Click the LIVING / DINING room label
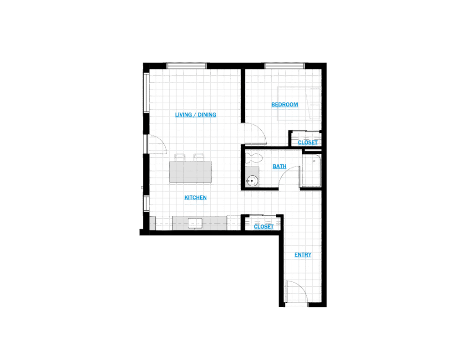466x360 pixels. tap(196, 115)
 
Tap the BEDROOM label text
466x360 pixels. tap(284, 105)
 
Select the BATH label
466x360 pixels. tap(279, 167)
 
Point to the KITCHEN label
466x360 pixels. tap(196, 198)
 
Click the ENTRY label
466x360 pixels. tap(303, 255)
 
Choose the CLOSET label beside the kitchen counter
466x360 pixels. tap(263, 227)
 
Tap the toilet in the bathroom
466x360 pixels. tap(253, 159)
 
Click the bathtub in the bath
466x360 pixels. tap(310, 171)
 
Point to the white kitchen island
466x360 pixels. tap(191, 172)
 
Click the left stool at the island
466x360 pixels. tap(180, 157)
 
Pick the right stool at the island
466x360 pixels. tap(199, 157)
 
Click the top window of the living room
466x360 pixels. tap(186, 66)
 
